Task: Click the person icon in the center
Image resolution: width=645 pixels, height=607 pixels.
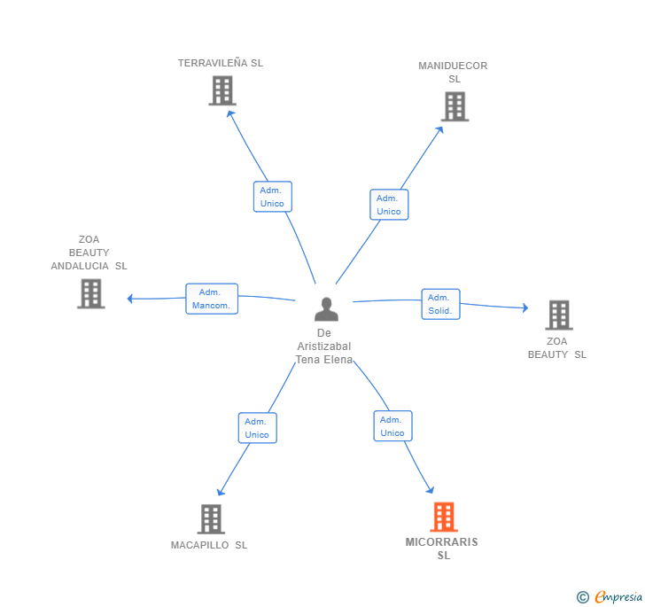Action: (x=326, y=309)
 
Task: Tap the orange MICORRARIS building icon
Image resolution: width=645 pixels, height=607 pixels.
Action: (x=444, y=517)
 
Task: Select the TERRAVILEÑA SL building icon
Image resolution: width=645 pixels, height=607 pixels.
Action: (x=222, y=90)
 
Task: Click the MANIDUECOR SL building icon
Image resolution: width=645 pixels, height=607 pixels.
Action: (x=455, y=106)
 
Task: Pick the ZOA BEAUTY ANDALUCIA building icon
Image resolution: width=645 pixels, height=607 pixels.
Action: (x=91, y=293)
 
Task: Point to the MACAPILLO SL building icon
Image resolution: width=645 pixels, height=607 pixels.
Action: (x=211, y=519)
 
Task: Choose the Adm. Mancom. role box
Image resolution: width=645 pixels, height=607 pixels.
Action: (x=212, y=299)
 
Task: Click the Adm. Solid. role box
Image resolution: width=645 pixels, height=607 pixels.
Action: (x=440, y=304)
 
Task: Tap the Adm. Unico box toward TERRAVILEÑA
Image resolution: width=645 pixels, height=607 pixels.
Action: (x=272, y=197)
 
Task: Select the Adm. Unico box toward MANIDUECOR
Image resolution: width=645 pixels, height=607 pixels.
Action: (x=389, y=205)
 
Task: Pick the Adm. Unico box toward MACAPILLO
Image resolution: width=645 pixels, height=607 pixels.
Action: (x=258, y=428)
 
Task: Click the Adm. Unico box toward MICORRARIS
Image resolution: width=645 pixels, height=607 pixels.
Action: (x=392, y=426)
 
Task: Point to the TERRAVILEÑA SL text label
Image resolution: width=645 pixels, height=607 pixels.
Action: (x=221, y=63)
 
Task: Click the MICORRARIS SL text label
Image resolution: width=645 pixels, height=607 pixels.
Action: (x=442, y=549)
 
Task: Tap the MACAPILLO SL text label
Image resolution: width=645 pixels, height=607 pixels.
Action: (x=209, y=545)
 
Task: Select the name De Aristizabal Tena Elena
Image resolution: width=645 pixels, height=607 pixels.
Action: (x=324, y=346)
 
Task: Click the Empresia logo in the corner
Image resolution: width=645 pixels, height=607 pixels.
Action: (x=610, y=596)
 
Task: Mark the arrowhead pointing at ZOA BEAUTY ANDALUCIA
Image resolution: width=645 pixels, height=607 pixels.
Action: (x=129, y=299)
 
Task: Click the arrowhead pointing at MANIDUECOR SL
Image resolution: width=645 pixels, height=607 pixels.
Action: (x=439, y=129)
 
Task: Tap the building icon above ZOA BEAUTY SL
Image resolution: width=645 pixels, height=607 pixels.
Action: (x=559, y=315)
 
